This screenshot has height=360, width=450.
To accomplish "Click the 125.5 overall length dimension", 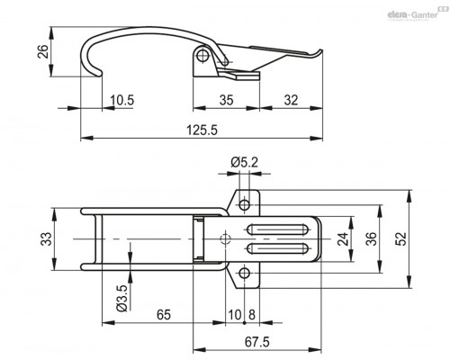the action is point(202,130).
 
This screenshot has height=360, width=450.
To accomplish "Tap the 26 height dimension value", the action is point(43,51).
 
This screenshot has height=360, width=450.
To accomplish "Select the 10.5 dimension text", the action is point(121,100).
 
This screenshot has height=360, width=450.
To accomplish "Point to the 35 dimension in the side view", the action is point(226,100).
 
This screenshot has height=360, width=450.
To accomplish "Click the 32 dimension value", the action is point(291,100).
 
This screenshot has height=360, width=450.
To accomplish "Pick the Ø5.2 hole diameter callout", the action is point(244,163).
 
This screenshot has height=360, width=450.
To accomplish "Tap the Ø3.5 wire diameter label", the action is point(122,298).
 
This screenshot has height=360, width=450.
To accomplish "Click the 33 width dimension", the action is point(47,239).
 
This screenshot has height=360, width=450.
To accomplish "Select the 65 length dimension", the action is point(164,315).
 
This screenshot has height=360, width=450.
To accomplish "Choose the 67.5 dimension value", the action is point(257,342).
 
